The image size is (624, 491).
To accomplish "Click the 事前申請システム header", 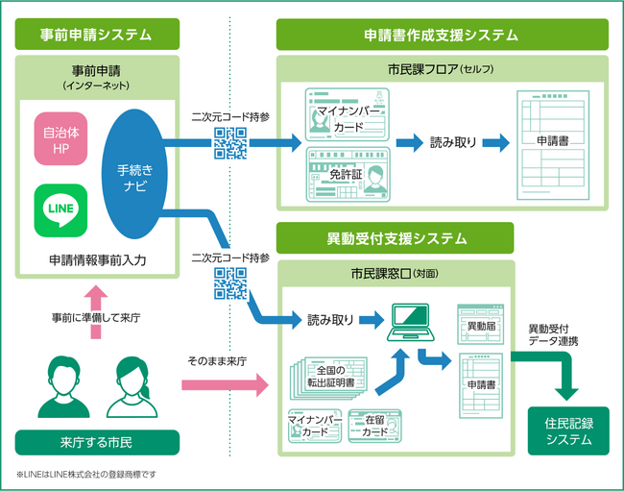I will coord(96,35).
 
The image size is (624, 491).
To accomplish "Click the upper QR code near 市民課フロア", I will coord(230,142).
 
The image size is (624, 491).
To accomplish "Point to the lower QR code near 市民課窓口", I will coord(230,284).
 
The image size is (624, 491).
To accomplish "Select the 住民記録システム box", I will coord(569,431).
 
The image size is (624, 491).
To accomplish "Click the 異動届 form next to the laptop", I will coord(481,326).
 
